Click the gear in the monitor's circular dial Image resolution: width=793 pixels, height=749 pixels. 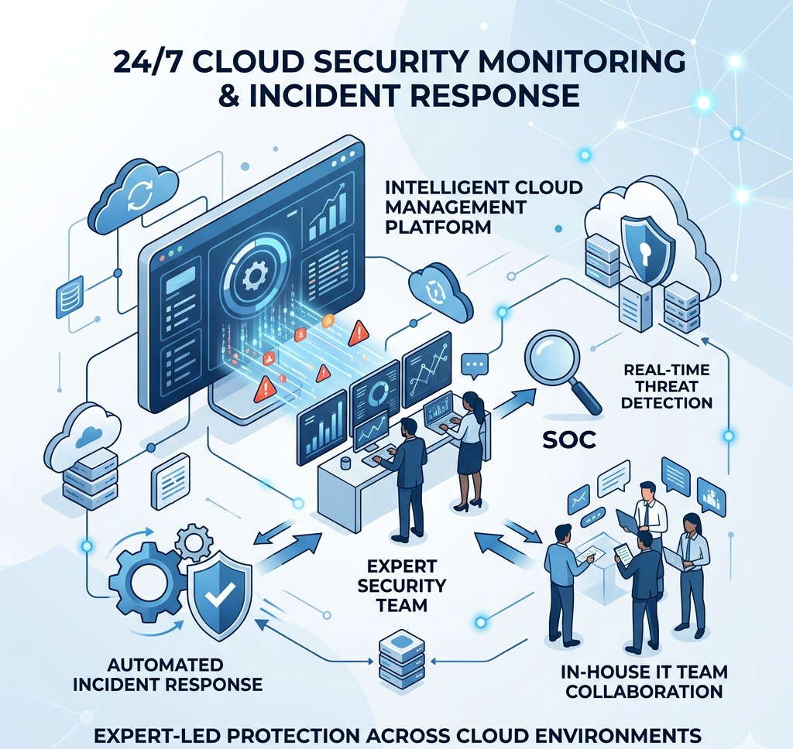coord(256,275)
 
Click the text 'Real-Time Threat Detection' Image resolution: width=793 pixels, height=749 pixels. coord(667,385)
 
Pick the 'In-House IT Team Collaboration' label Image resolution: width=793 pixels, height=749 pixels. coord(644,681)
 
